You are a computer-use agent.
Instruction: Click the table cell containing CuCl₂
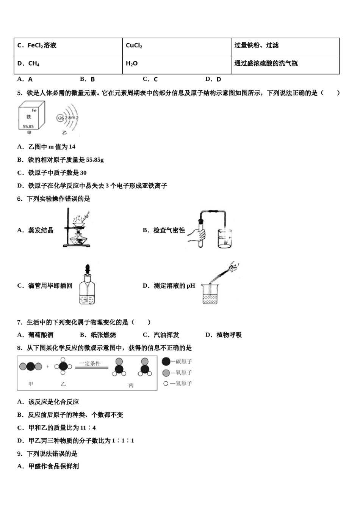(177, 46)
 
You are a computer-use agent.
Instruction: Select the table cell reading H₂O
(177, 64)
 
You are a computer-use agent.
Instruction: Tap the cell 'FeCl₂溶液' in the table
(68, 46)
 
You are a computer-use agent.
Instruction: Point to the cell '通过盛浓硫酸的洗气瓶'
(285, 64)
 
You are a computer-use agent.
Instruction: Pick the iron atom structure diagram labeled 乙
(67, 118)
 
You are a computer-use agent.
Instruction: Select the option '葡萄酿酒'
(41, 335)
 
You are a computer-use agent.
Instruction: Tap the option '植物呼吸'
(229, 335)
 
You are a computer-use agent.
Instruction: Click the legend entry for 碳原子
(177, 362)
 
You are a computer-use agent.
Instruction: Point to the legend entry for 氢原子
(177, 384)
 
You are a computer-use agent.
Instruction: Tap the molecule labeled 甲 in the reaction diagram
(31, 367)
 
